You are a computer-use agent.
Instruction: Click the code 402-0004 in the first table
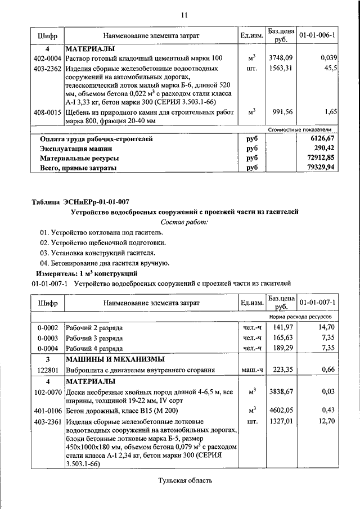tap(47, 58)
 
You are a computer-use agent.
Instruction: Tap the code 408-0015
tap(47, 112)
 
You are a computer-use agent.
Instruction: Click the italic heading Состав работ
tap(184, 222)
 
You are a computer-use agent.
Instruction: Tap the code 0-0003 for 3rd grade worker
tap(47, 337)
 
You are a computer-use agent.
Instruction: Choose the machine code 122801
tap(47, 370)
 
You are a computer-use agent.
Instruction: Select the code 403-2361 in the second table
tap(47, 421)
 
